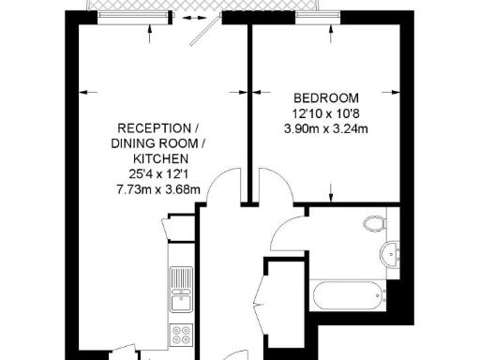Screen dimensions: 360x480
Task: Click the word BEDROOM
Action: (x=327, y=98)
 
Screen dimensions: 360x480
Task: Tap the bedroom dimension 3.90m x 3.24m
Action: (x=326, y=128)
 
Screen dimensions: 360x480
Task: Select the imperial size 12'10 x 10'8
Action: (x=327, y=113)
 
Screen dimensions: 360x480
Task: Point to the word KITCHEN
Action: (x=155, y=159)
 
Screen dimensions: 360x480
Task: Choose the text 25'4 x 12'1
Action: (x=156, y=175)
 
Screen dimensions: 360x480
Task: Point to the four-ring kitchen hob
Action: (x=181, y=335)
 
